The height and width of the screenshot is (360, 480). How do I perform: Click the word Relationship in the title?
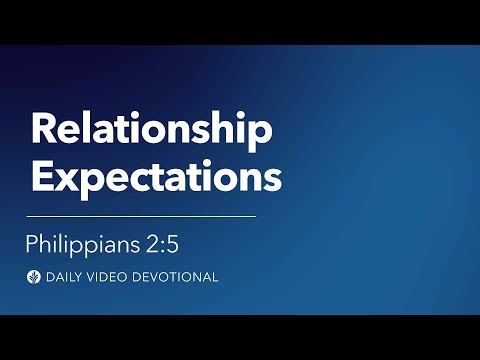click(151, 132)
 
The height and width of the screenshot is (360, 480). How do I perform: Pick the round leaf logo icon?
click(36, 276)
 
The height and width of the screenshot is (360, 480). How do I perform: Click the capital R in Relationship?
click(42, 131)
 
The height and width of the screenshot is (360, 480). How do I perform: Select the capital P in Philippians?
click(33, 243)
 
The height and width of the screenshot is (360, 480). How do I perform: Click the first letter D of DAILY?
click(51, 276)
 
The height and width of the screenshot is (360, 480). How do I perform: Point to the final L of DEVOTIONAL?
click(215, 276)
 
